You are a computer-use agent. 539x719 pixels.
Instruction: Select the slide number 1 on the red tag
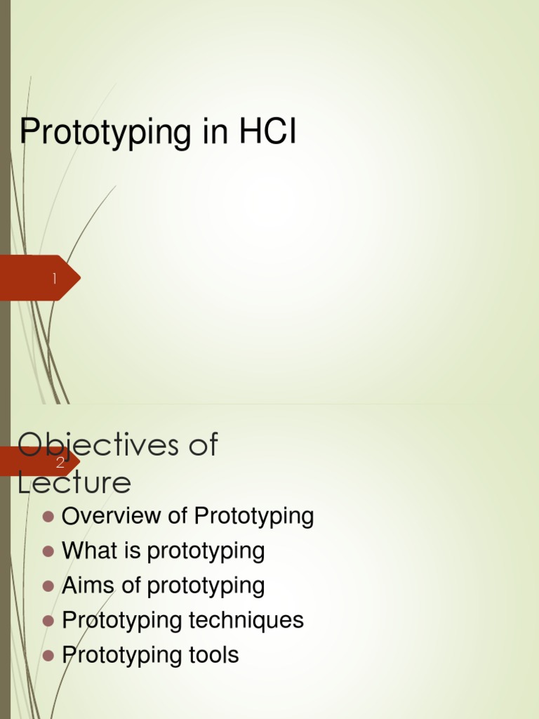(53, 279)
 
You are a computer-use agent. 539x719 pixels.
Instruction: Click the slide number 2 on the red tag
(60, 463)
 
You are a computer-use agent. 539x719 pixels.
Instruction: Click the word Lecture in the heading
(74, 483)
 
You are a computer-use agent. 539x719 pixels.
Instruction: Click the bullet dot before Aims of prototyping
(48, 586)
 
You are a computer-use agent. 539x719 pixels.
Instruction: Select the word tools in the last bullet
(214, 655)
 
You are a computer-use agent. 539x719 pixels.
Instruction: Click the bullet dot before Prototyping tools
(48, 656)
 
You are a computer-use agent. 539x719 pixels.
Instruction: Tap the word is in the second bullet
(133, 551)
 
